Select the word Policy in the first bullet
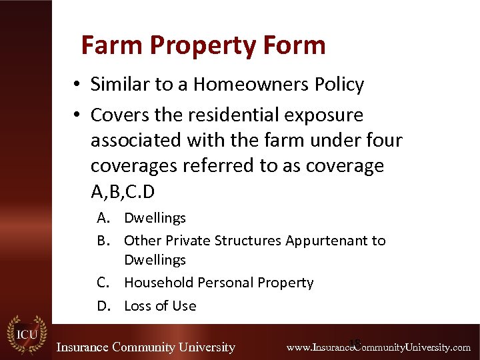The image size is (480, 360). point(339,85)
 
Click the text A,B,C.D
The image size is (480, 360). point(123,191)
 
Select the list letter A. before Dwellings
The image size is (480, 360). point(103,218)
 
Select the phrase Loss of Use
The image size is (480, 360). point(160,306)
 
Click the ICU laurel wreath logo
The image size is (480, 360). point(26,335)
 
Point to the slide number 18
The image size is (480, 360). point(355,343)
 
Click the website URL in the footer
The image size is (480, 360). point(378,347)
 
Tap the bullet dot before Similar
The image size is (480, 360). point(78,85)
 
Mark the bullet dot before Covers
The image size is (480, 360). point(78,115)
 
